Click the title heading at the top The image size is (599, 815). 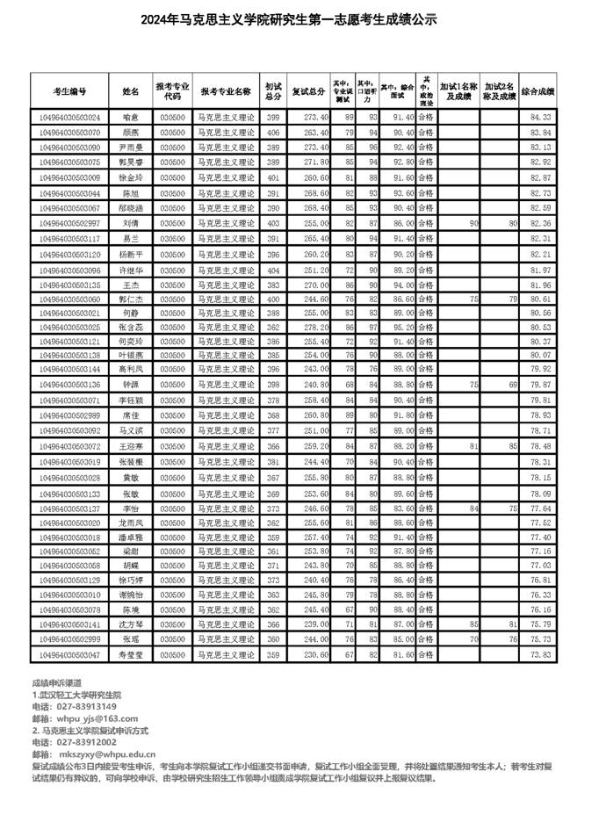point(299,19)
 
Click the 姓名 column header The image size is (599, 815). point(131,90)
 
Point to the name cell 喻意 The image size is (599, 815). point(131,117)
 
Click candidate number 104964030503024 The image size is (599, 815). point(69,117)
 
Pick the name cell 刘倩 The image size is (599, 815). point(131,223)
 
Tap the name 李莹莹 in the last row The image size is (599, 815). point(131,655)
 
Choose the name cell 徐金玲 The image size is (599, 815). point(131,177)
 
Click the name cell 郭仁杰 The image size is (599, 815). point(131,299)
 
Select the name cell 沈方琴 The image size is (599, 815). point(131,624)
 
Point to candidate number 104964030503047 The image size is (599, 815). point(69,655)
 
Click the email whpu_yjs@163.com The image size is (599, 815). point(86,718)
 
